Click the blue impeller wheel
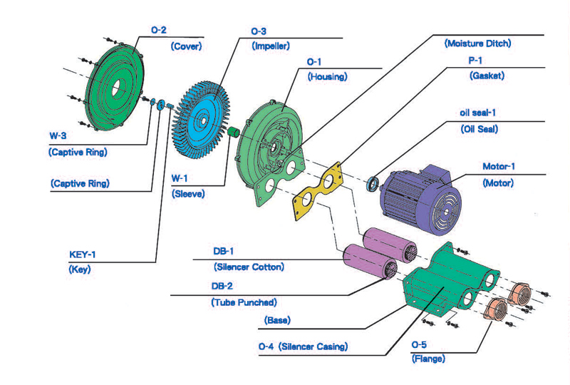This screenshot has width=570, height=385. click(201, 120)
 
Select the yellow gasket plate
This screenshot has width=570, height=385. click(317, 190)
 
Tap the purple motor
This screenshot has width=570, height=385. click(420, 199)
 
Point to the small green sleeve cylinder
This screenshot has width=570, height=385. click(234, 132)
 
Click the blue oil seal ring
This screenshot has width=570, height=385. click(372, 184)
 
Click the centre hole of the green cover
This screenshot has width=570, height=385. click(116, 88)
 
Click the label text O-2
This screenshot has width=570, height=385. click(158, 30)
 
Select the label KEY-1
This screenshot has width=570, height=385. click(82, 255)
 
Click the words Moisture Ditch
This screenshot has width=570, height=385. click(477, 43)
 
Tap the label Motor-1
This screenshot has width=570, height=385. click(498, 166)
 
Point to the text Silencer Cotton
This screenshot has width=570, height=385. click(249, 267)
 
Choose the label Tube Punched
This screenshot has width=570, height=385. click(244, 302)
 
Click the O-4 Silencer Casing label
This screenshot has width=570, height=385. click(303, 346)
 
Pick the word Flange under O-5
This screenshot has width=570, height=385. click(428, 359)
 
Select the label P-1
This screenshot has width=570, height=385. click(475, 61)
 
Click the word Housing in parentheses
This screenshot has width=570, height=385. click(328, 77)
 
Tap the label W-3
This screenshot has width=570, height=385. click(58, 135)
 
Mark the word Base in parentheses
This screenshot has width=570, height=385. click(277, 320)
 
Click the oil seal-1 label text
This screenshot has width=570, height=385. click(477, 113)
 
